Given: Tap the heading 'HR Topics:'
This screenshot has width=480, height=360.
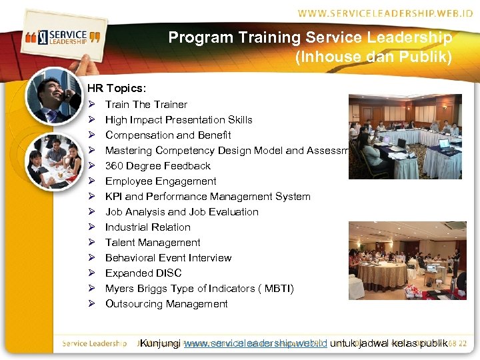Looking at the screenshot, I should point(117,88).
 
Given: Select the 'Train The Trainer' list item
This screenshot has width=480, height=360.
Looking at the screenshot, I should point(146,105).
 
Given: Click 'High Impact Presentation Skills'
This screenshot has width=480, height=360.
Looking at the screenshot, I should point(179,120).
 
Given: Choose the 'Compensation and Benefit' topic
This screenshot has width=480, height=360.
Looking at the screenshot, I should point(168,135).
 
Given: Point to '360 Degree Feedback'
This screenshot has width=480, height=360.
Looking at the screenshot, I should point(158,166).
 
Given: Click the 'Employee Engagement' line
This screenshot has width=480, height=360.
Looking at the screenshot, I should point(161,181).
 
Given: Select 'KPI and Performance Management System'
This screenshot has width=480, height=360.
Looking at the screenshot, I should point(207,197).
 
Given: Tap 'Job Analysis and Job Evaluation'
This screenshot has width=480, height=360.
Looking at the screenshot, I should point(182,212).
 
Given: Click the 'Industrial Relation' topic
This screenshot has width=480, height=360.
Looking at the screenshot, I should point(148,227).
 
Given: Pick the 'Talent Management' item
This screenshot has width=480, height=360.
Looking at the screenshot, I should point(153,243).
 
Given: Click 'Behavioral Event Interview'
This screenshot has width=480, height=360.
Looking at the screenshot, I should point(169,258).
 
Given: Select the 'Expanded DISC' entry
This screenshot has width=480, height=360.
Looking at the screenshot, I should point(143,273).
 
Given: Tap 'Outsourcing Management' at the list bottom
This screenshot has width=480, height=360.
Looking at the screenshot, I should point(167,304).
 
